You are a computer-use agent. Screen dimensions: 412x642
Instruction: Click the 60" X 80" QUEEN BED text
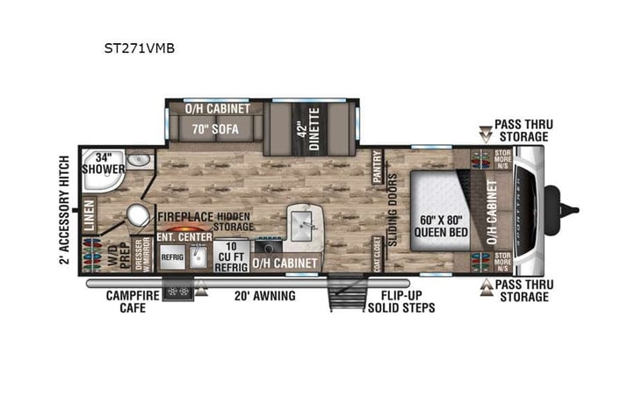(x=441, y=225)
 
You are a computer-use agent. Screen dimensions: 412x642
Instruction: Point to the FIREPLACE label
(x=186, y=214)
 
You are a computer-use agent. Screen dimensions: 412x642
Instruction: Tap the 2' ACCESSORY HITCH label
(x=64, y=209)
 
